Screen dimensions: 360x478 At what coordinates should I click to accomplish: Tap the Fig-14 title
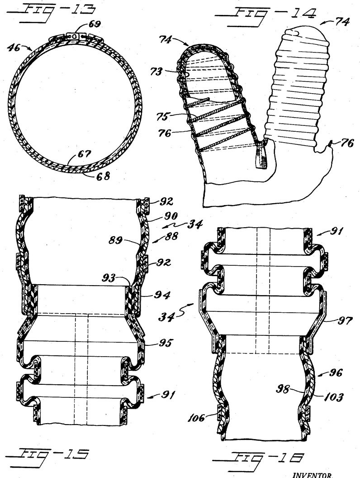[265, 16]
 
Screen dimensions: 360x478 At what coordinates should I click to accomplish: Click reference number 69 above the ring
[94, 24]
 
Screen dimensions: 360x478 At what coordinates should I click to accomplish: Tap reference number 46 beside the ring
[14, 48]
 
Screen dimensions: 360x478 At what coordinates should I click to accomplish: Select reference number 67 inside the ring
[85, 153]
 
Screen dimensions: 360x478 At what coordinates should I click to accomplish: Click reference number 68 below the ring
[103, 176]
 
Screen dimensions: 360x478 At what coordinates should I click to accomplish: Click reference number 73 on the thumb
[157, 72]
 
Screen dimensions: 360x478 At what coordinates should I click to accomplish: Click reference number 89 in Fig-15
[116, 240]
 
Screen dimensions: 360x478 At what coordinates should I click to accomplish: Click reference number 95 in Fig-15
[165, 343]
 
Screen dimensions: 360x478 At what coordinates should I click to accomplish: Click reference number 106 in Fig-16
[196, 417]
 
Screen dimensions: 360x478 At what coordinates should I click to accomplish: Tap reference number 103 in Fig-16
[334, 397]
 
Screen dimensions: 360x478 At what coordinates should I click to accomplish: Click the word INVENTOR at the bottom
[312, 475]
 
